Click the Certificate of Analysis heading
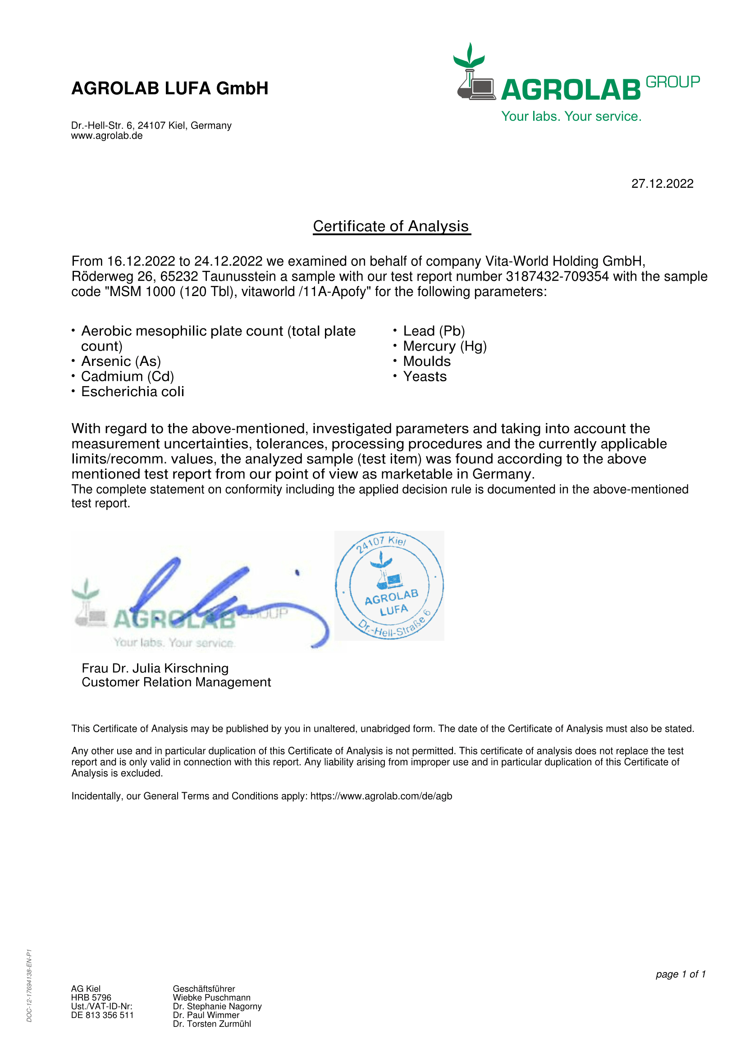(x=391, y=226)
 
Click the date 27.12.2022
(x=662, y=183)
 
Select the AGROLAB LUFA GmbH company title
(x=170, y=88)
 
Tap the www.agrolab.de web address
(x=106, y=136)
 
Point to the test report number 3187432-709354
(x=557, y=276)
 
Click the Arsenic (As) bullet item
(x=121, y=361)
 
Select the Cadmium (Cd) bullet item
(x=127, y=376)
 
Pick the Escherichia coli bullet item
(x=133, y=392)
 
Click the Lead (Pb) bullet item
(x=434, y=331)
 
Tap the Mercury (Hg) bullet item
(x=444, y=346)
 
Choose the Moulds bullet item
(x=426, y=361)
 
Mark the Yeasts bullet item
(x=425, y=376)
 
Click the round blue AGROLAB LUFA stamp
(x=389, y=585)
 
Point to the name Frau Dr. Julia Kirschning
(x=155, y=668)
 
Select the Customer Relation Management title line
(x=176, y=682)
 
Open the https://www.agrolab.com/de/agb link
(x=381, y=796)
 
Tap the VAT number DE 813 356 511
(x=102, y=1015)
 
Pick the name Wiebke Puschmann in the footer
(x=212, y=998)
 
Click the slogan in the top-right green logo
(x=571, y=117)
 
